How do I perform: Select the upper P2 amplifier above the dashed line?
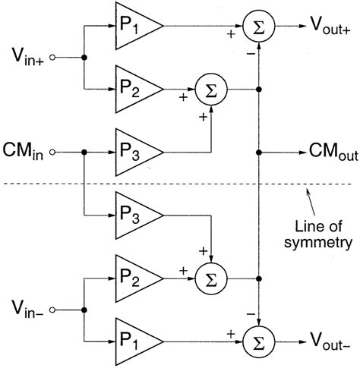click(x=132, y=89)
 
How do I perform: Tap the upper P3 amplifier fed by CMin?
click(x=132, y=152)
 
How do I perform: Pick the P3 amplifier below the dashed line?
click(x=132, y=215)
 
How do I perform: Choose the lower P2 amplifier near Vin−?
click(x=132, y=278)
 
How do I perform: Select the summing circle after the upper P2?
click(x=206, y=89)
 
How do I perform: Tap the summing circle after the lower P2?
click(x=206, y=278)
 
